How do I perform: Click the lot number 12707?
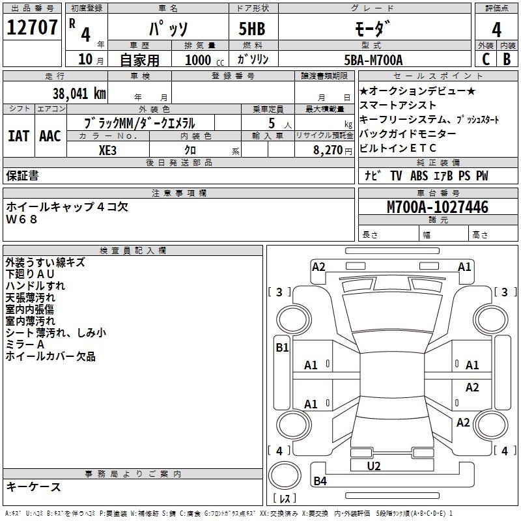(32, 27)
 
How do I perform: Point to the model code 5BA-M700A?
(373, 60)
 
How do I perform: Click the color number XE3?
(109, 149)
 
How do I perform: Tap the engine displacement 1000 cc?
(203, 61)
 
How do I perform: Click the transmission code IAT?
(18, 136)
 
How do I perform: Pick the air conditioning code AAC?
(49, 136)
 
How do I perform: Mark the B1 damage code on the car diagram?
(282, 348)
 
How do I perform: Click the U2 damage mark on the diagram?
(374, 466)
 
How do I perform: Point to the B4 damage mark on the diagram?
(320, 481)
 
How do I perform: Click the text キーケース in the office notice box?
(34, 486)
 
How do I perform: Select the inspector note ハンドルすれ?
(35, 286)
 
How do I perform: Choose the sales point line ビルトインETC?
(398, 148)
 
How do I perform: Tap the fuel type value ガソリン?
(253, 60)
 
